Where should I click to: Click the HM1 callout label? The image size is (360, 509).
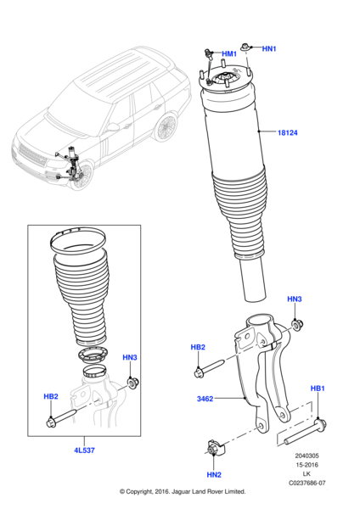pyautogui.click(x=229, y=54)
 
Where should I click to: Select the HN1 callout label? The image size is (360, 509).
pyautogui.click(x=269, y=48)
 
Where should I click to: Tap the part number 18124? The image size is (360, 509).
pyautogui.click(x=288, y=132)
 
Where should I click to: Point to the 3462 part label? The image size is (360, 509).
pyautogui.click(x=205, y=399)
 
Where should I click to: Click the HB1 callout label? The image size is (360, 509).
pyautogui.click(x=318, y=389)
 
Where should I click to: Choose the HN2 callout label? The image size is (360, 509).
pyautogui.click(x=214, y=474)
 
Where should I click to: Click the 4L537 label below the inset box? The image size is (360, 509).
pyautogui.click(x=84, y=450)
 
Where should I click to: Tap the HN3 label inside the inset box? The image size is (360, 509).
pyautogui.click(x=130, y=357)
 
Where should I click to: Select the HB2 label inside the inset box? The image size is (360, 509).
pyautogui.click(x=51, y=396)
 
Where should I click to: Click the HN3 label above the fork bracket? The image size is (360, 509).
pyautogui.click(x=295, y=299)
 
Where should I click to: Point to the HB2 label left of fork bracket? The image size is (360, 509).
pyautogui.click(x=198, y=347)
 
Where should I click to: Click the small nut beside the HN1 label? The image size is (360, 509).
pyautogui.click(x=245, y=48)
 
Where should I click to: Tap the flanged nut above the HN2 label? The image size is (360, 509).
pyautogui.click(x=215, y=449)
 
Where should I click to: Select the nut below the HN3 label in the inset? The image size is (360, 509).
pyautogui.click(x=133, y=383)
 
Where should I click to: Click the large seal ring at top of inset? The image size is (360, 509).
pyautogui.click(x=78, y=240)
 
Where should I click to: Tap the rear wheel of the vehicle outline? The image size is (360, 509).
pyautogui.click(x=166, y=128)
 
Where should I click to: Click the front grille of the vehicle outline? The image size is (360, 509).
pyautogui.click(x=32, y=155)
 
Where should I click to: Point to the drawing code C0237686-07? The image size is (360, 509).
pyautogui.click(x=307, y=483)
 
